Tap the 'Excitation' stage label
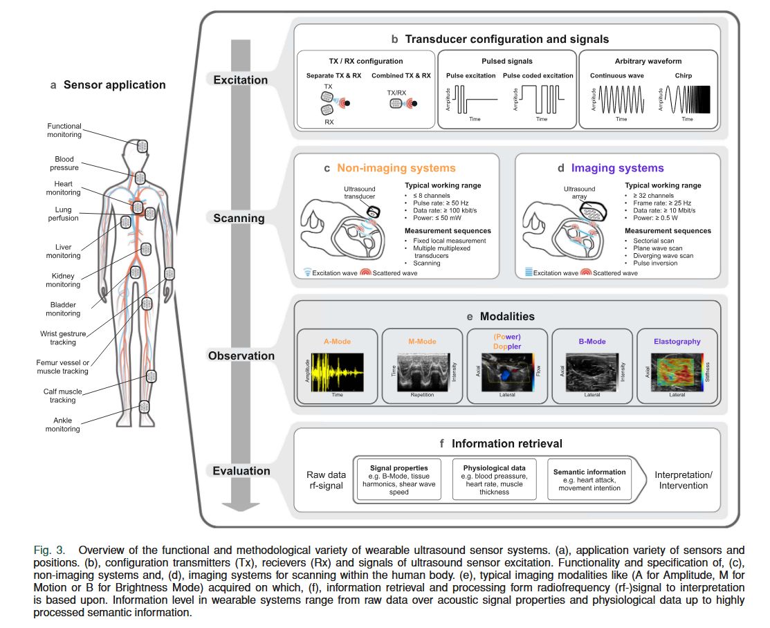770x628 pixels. (x=240, y=80)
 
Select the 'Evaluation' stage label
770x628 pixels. (x=241, y=471)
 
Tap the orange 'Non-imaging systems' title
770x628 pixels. (x=396, y=167)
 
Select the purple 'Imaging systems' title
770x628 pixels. (x=619, y=167)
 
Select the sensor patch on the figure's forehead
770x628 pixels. (x=143, y=147)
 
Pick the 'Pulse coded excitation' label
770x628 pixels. (x=538, y=75)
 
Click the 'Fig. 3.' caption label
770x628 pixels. (x=50, y=551)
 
